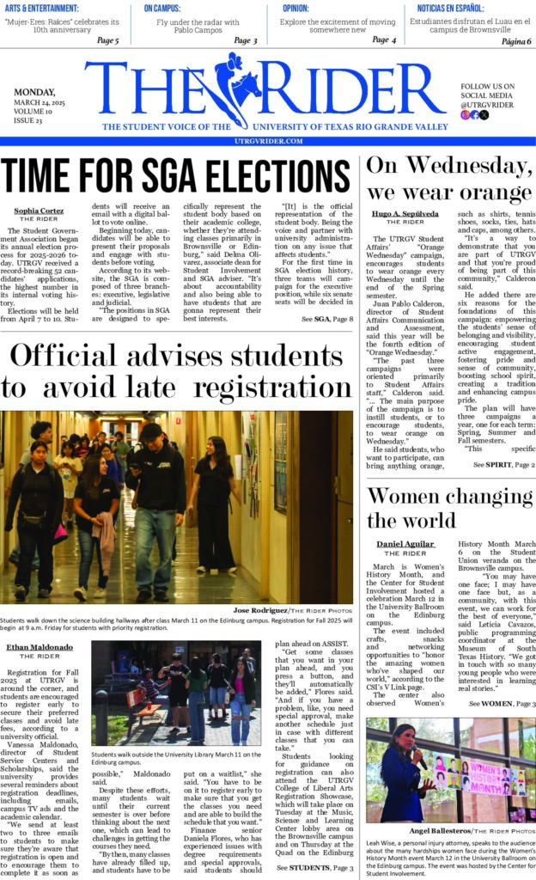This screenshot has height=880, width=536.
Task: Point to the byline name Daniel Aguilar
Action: coord(406,545)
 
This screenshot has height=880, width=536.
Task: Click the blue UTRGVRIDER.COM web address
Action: coord(267,141)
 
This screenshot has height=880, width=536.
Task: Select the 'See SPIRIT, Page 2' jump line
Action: coord(503,464)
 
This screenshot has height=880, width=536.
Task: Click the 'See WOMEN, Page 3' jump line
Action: coord(502,704)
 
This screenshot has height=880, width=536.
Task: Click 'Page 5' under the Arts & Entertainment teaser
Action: coord(107,40)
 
